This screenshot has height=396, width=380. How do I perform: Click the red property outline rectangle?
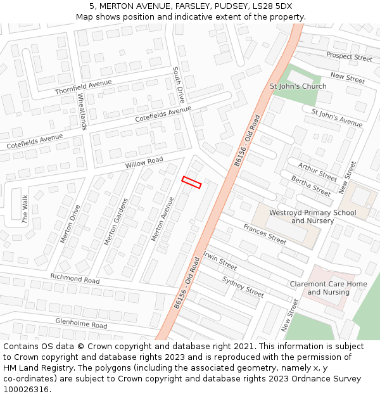coord(191,182)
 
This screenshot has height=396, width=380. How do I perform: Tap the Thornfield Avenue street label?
coord(83,87)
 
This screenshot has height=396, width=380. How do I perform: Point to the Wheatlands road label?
coord(82,112)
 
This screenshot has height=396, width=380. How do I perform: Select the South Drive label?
coord(179,86)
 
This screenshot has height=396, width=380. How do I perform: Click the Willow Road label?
coord(144,162)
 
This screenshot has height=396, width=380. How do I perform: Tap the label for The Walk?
coord(25,210)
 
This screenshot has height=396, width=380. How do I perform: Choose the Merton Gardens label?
coord(116,222)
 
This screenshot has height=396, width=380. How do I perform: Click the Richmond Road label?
coord(75,279)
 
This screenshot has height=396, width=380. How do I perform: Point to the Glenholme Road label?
coord(81,324)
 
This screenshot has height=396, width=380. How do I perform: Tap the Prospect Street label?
coord(349,56)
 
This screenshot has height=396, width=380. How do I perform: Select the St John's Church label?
coord(298,86)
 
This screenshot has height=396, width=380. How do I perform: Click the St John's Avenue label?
coord(336,117)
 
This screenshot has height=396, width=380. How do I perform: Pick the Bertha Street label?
coord(311,186)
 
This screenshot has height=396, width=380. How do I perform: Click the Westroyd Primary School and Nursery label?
coord(313,217)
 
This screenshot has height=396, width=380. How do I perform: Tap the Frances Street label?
coord(265,234)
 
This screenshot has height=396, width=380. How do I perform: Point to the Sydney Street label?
coord(243,286)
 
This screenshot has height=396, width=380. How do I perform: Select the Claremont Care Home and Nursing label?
coord(328,288)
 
